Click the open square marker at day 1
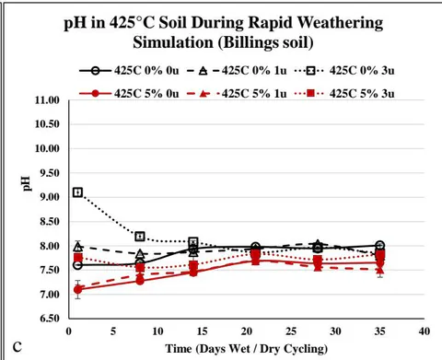[x=78, y=192]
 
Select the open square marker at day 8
[x=140, y=237]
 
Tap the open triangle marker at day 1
[x=78, y=246]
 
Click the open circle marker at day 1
[x=78, y=265]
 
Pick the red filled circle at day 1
[x=78, y=289]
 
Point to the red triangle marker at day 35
[x=380, y=270]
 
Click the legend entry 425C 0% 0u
[x=129, y=71]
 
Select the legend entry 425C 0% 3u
[x=344, y=71]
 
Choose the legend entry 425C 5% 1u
[x=237, y=93]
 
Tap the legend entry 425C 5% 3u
[x=344, y=93]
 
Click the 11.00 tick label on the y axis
[x=47, y=100]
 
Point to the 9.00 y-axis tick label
[x=50, y=197]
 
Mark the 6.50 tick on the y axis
[x=50, y=319]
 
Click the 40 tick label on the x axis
[x=425, y=331]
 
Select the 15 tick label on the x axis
[x=202, y=331]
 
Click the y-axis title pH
[x=27, y=183]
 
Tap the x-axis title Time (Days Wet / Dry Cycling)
[x=247, y=349]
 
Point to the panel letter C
[x=17, y=347]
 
